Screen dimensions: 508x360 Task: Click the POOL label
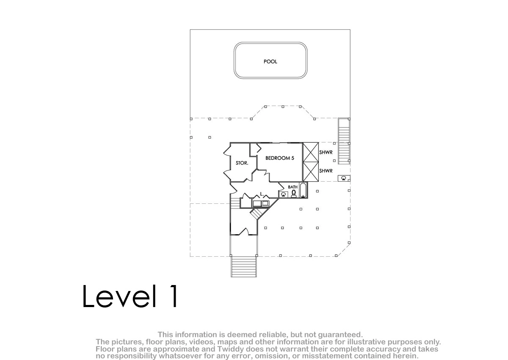(270, 61)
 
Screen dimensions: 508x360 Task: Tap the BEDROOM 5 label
(280, 158)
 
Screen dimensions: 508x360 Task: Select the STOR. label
(242, 163)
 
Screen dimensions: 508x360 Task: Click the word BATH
(293, 187)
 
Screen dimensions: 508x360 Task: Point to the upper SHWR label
(326, 152)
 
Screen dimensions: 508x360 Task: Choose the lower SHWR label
(326, 171)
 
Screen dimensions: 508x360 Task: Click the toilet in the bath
(294, 194)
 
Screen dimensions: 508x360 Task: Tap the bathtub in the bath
(303, 190)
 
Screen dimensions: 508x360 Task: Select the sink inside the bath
(283, 194)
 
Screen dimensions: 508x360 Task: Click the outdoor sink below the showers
(344, 178)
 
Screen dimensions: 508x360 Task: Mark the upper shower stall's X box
(311, 152)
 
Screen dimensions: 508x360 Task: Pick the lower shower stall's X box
(311, 172)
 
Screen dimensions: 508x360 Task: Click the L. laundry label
(262, 194)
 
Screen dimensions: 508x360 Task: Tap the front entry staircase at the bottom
(244, 266)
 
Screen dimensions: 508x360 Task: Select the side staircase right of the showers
(344, 141)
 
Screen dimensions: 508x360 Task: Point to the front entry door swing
(244, 232)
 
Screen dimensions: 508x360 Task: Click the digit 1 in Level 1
(174, 296)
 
